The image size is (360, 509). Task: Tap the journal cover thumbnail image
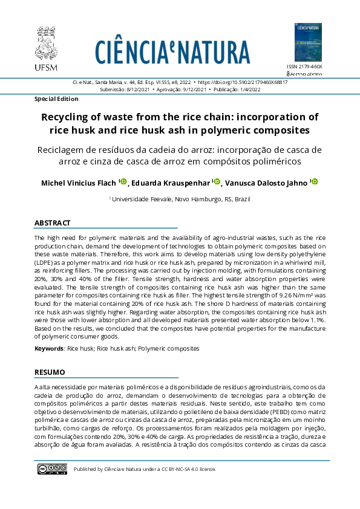click(308, 42)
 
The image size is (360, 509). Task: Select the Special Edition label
click(56, 99)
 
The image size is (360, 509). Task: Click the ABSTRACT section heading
click(53, 223)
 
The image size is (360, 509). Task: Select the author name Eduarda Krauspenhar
click(171, 183)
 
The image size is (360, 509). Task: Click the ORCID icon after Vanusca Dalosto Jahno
click(315, 182)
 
